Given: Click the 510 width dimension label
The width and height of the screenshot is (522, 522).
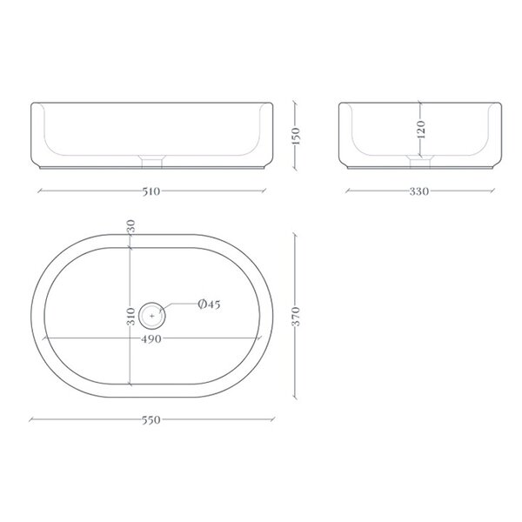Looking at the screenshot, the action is point(151,191).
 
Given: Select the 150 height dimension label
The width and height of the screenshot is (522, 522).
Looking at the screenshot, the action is point(296,136).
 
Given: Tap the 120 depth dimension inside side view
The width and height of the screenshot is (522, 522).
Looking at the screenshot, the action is point(421,130).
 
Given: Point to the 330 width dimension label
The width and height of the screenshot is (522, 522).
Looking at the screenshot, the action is point(419,191).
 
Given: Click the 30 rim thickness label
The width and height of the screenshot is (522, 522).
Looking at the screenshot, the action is point(131,226).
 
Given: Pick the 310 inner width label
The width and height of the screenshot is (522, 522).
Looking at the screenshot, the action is point(131,317).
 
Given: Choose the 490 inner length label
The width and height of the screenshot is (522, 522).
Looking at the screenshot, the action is point(151,339).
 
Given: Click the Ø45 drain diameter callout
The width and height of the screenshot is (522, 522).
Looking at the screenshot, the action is point(209,304).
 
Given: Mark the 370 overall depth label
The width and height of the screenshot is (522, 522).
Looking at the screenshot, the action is point(296,317).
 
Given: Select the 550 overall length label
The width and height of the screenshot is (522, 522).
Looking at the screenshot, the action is point(151,420).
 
